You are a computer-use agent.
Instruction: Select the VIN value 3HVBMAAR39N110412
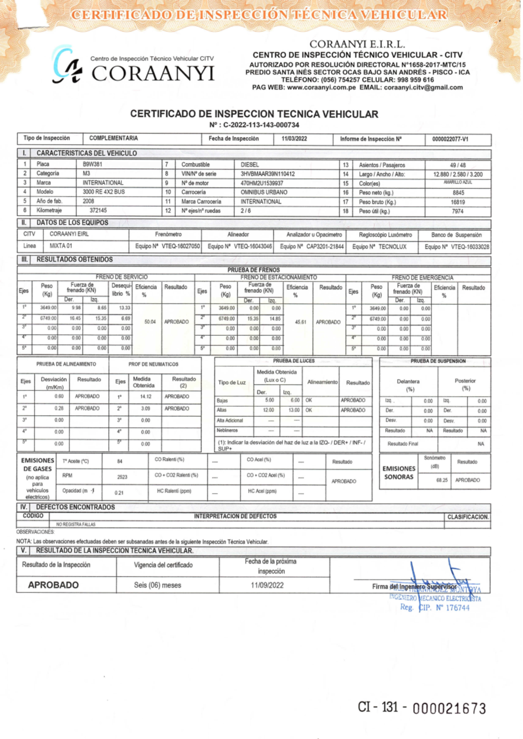[267, 174]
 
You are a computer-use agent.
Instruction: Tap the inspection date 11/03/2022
[294, 138]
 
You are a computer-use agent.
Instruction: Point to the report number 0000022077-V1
[450, 139]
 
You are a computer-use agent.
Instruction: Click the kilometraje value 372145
[98, 210]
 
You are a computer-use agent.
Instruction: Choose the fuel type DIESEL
[250, 165]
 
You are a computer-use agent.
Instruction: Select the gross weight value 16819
[458, 202]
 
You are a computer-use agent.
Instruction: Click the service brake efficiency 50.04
[149, 322]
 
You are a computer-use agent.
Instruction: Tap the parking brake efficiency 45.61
[300, 322]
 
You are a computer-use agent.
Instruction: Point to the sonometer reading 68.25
[441, 480]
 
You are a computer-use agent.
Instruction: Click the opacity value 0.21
[119, 493]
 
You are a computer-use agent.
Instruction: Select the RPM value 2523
[122, 477]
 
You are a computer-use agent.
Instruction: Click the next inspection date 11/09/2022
[267, 585]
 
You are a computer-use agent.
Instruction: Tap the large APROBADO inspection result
[53, 585]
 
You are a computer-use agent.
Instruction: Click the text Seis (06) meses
[157, 585]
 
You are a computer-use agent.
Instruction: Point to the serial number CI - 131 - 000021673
[421, 707]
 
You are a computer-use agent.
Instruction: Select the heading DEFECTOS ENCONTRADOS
[75, 507]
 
